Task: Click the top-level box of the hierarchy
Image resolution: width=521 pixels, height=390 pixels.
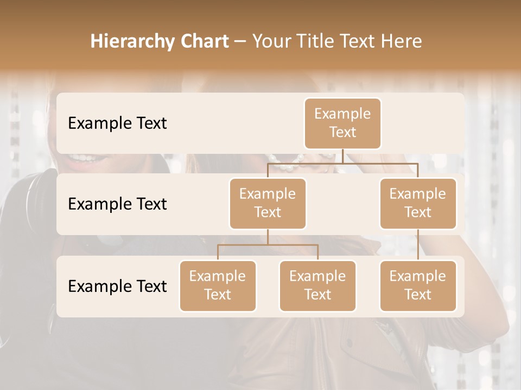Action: click(342, 123)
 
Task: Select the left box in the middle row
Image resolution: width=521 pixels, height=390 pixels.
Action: click(268, 203)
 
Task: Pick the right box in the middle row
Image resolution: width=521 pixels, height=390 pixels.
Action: click(418, 203)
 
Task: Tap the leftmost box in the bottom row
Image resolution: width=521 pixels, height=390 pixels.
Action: click(218, 285)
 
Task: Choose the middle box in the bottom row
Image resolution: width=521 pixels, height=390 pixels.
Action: click(317, 285)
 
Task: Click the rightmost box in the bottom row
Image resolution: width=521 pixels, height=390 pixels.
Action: click(418, 285)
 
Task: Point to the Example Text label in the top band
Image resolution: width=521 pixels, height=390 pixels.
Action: click(117, 123)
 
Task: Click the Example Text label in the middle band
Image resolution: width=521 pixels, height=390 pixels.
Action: click(117, 204)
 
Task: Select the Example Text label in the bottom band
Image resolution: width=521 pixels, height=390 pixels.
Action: click(117, 286)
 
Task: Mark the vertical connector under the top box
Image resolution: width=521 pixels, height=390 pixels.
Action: click(342, 156)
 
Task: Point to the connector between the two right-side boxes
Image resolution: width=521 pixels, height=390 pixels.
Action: click(418, 245)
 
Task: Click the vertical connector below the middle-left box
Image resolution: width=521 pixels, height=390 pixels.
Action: click(268, 237)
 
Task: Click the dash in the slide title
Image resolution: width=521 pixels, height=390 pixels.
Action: click(240, 41)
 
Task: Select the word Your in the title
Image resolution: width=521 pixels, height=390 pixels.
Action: click(271, 41)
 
